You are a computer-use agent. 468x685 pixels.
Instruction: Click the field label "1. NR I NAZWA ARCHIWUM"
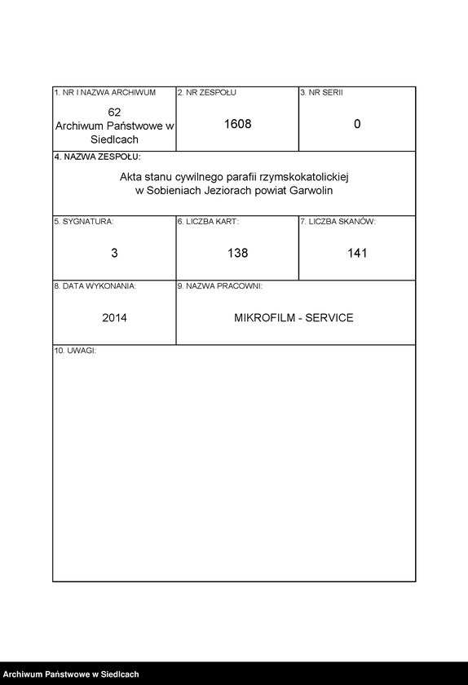click(x=104, y=93)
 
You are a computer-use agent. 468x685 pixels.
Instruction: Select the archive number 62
click(x=114, y=111)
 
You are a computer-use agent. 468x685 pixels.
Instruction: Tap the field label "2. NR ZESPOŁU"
click(x=207, y=93)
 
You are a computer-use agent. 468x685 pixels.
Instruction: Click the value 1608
click(x=237, y=125)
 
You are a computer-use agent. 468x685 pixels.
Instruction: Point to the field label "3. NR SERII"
click(x=321, y=93)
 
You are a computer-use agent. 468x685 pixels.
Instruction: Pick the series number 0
click(x=357, y=125)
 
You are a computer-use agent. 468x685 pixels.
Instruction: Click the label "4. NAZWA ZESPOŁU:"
click(x=97, y=156)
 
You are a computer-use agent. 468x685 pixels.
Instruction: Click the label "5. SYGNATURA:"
click(x=84, y=221)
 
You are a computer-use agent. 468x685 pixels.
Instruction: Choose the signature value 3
click(x=114, y=254)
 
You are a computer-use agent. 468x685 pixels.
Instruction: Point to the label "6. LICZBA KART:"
click(x=208, y=221)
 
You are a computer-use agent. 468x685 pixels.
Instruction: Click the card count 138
click(x=237, y=254)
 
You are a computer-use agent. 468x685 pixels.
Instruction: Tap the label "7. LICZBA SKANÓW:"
click(x=338, y=221)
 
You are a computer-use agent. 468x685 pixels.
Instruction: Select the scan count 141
click(x=357, y=254)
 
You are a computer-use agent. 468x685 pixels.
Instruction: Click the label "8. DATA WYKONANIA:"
click(x=95, y=286)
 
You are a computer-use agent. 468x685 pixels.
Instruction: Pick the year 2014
click(x=114, y=318)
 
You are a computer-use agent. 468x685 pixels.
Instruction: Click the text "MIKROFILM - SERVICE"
click(x=294, y=318)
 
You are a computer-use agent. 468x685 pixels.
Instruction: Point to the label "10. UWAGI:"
click(x=75, y=350)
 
